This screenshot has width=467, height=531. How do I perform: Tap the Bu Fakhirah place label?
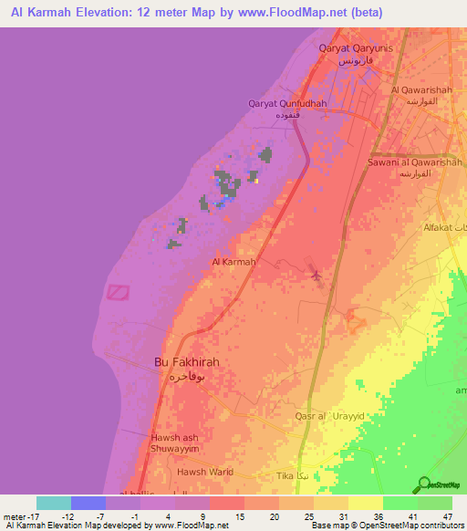[x=186, y=361]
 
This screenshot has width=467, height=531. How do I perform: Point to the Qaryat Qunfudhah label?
[x=287, y=103]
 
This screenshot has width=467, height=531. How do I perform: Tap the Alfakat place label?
[x=439, y=226]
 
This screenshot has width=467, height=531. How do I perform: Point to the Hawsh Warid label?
[x=206, y=472]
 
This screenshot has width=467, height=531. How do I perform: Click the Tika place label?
[x=285, y=476]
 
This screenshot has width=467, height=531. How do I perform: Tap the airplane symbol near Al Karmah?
[x=317, y=275]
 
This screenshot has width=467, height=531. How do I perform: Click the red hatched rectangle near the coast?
[x=118, y=291]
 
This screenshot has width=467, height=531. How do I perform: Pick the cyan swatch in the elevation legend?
[x=54, y=503]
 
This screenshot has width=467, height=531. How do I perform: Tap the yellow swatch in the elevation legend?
[x=365, y=503]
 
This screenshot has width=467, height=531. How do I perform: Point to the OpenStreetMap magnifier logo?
[x=423, y=484]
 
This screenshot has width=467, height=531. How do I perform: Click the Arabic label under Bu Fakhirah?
[x=186, y=376]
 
